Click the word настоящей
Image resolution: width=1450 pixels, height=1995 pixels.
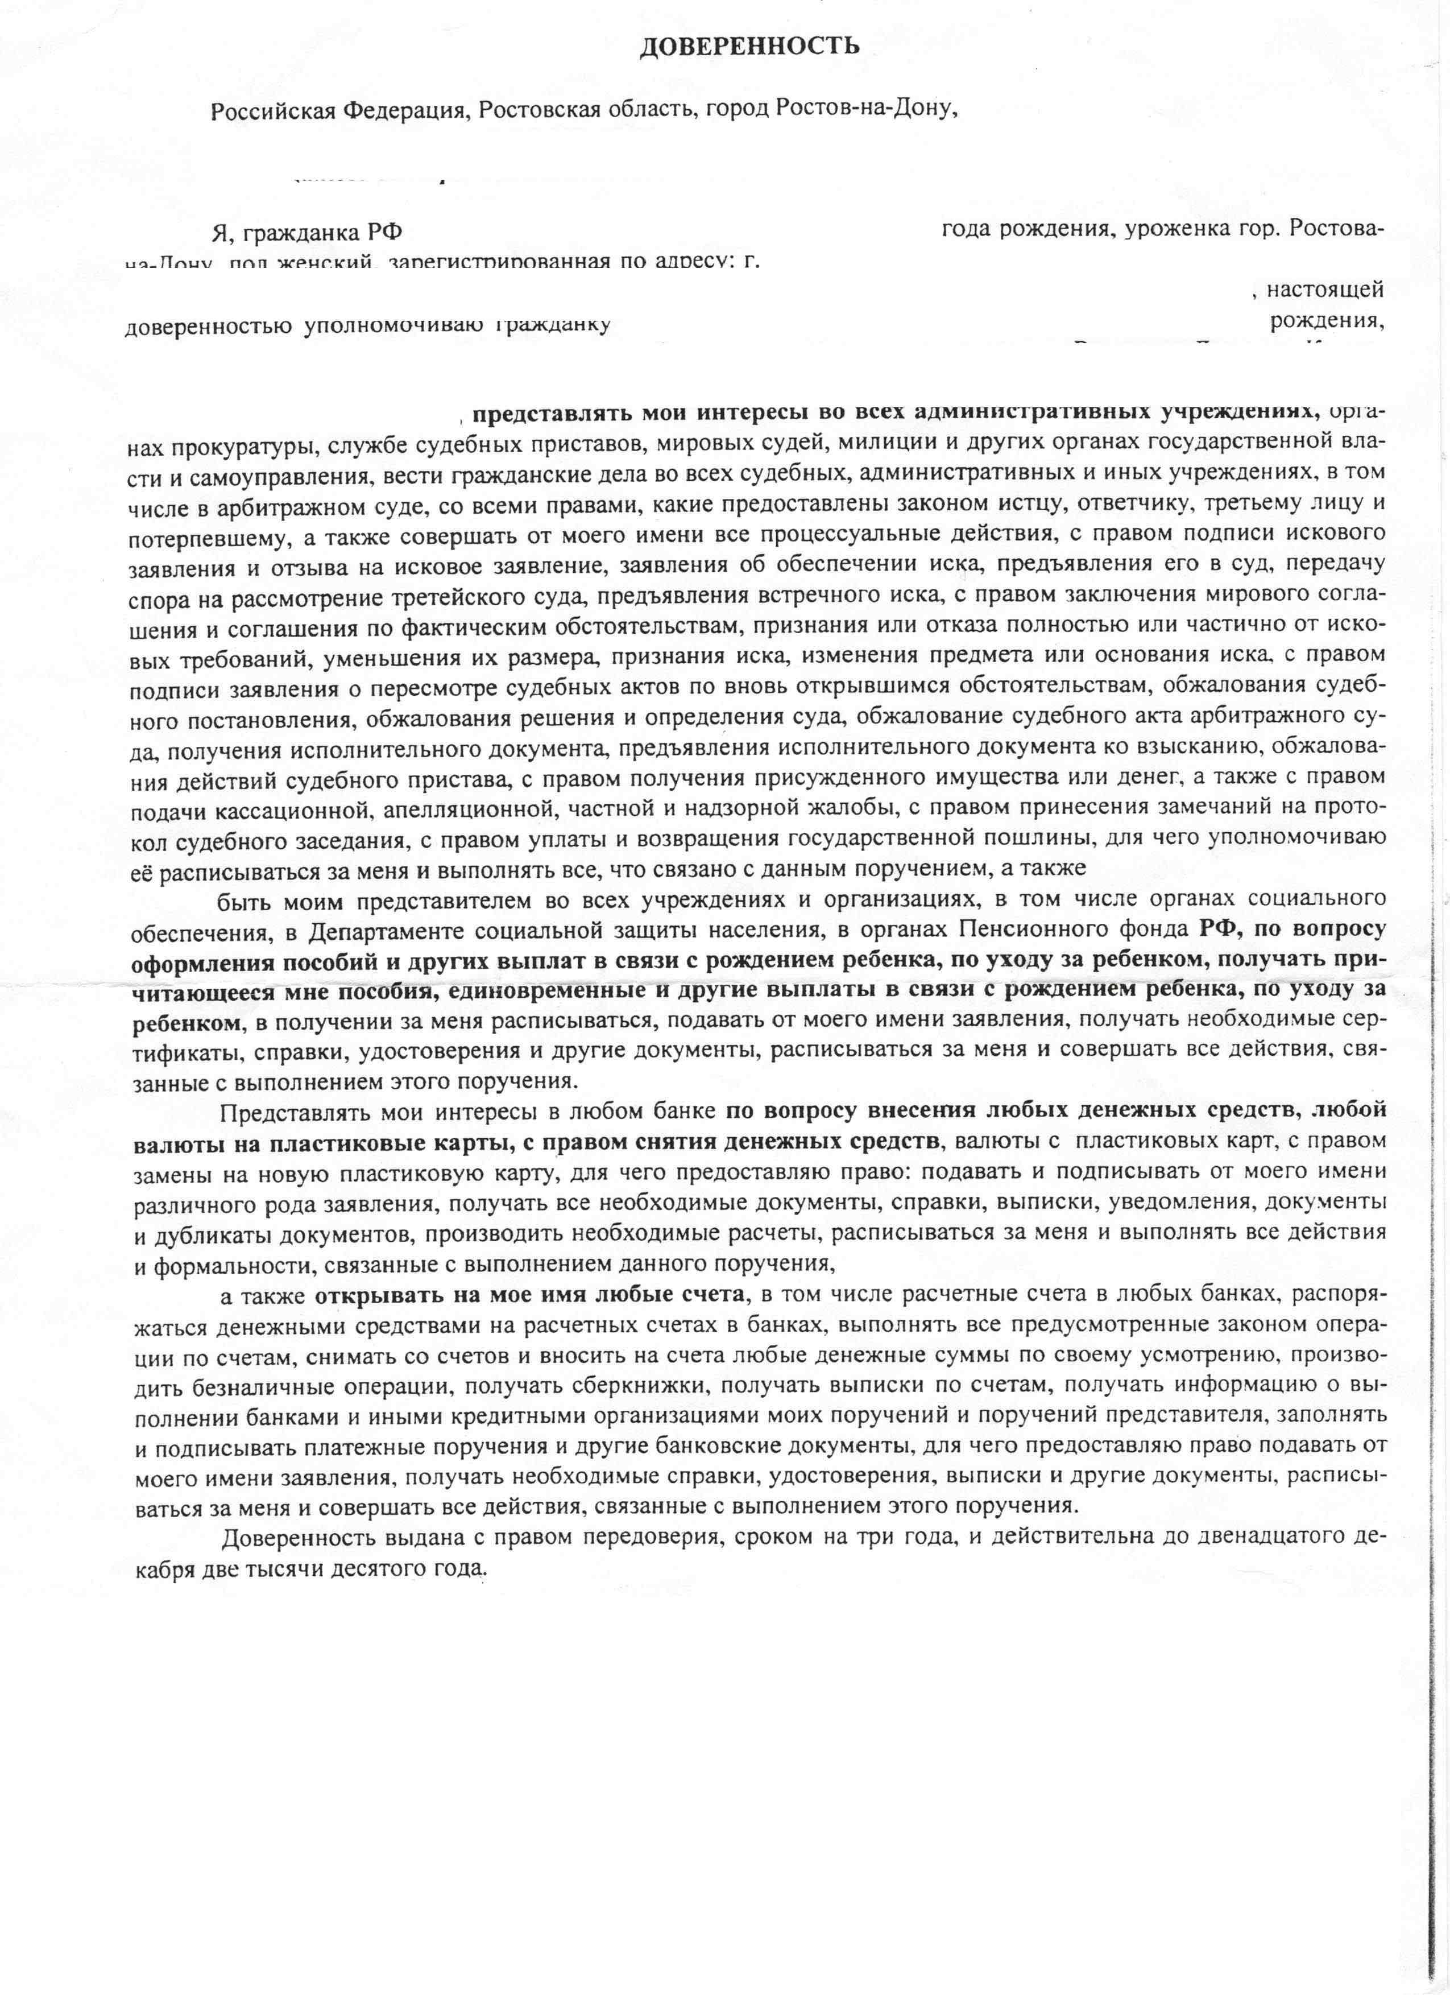tap(1326, 288)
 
